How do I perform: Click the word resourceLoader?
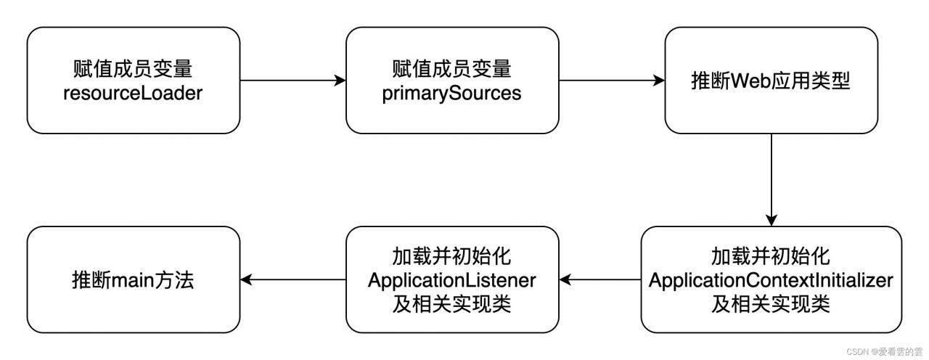click(x=133, y=93)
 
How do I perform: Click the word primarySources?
click(x=451, y=93)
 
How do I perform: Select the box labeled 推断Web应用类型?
click(x=771, y=81)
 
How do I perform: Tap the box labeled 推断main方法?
click(x=133, y=279)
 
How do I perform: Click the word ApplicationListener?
click(x=451, y=279)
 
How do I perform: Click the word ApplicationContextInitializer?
click(x=771, y=280)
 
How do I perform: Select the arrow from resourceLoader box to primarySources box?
click(x=292, y=81)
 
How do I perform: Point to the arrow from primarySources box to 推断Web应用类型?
click(x=612, y=81)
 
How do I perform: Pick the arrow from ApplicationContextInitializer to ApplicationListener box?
click(x=599, y=279)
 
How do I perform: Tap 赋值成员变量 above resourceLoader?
click(x=133, y=69)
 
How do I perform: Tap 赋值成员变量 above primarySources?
click(x=451, y=69)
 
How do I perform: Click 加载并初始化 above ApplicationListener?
click(x=451, y=256)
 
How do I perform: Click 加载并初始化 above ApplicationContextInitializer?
click(x=771, y=256)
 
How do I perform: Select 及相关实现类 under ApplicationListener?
click(x=451, y=303)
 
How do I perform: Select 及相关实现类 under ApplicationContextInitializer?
click(x=771, y=304)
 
